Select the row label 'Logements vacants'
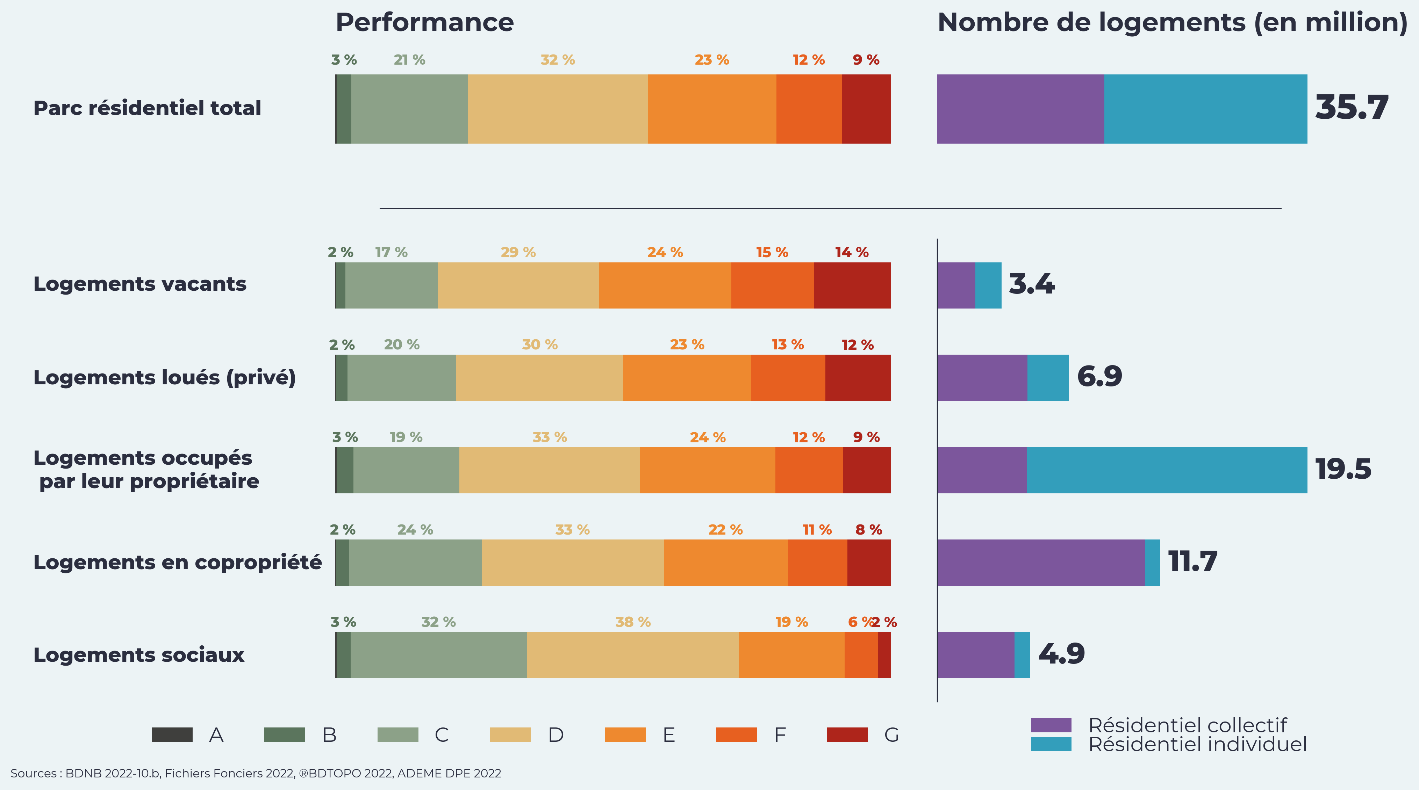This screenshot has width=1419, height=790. click(140, 284)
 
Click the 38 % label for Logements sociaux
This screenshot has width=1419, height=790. click(632, 622)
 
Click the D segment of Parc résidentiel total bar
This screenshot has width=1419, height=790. click(558, 109)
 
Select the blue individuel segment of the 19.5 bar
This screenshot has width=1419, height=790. click(1167, 470)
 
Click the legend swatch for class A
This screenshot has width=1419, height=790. click(172, 735)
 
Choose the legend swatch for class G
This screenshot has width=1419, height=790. click(847, 735)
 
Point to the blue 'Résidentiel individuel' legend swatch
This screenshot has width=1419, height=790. click(1051, 744)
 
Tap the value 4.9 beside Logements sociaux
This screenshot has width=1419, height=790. click(1061, 654)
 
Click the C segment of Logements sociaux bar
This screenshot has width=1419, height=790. click(438, 655)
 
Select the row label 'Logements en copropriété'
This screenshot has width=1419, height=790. click(177, 563)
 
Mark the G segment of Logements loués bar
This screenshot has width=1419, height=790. click(858, 378)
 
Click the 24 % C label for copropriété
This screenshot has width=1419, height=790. click(415, 530)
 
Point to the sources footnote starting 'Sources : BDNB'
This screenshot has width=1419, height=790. click(256, 774)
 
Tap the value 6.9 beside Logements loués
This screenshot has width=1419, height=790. click(1099, 377)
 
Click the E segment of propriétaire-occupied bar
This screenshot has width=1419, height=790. click(707, 470)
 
